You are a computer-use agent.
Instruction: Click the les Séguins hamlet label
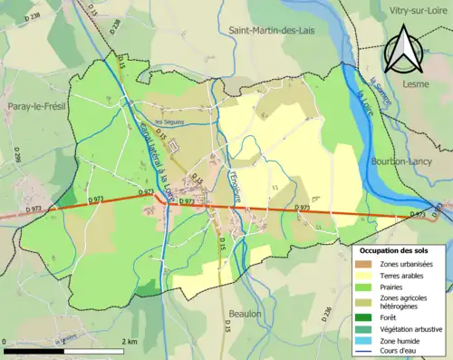169,122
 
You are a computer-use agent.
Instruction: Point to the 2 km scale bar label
130,341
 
